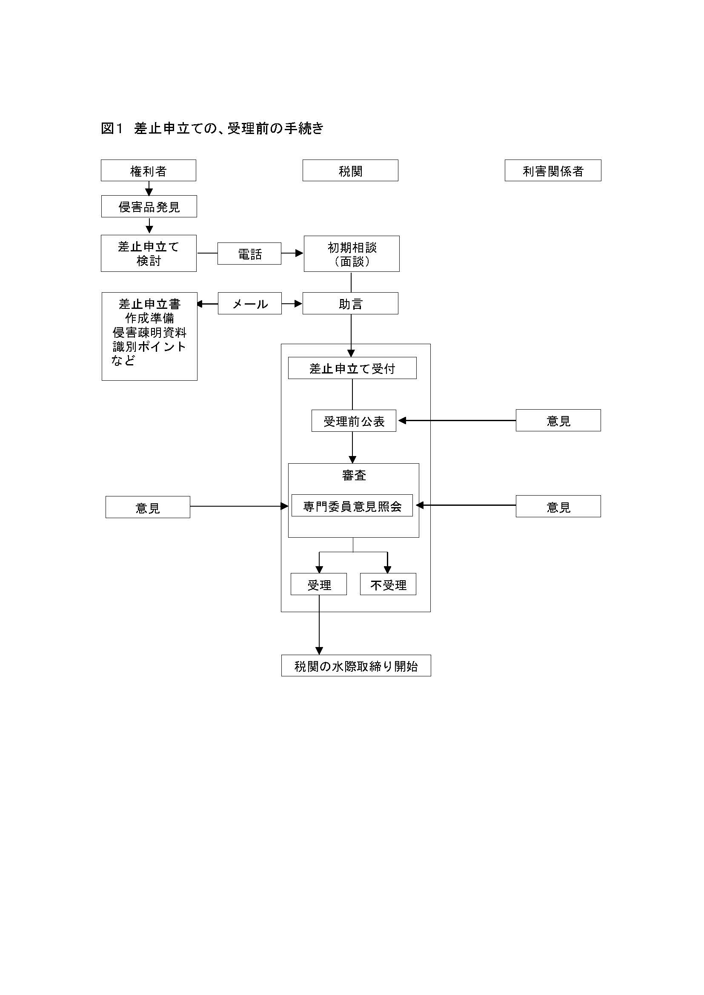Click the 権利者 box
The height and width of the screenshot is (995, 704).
148,170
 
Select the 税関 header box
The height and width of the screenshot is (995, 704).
350,170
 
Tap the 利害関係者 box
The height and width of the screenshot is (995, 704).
553,170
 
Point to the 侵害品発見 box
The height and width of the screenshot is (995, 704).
149,206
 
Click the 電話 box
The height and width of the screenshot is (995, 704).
249,254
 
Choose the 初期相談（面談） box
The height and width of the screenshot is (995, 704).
352,254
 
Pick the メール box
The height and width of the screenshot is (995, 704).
250,303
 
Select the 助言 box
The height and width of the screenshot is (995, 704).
350,303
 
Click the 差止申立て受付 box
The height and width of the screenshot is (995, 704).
352,368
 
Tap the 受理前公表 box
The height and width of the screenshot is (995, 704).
354,421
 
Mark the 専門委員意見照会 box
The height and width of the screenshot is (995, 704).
352,506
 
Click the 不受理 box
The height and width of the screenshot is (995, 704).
388,584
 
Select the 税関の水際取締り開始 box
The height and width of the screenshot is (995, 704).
356,666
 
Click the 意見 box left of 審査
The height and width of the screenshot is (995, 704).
148,507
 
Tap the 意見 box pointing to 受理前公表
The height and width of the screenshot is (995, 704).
558,420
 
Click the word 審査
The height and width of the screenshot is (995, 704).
354,476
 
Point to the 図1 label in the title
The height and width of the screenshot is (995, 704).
112,128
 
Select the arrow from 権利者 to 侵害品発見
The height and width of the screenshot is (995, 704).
149,188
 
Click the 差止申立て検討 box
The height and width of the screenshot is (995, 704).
149,254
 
